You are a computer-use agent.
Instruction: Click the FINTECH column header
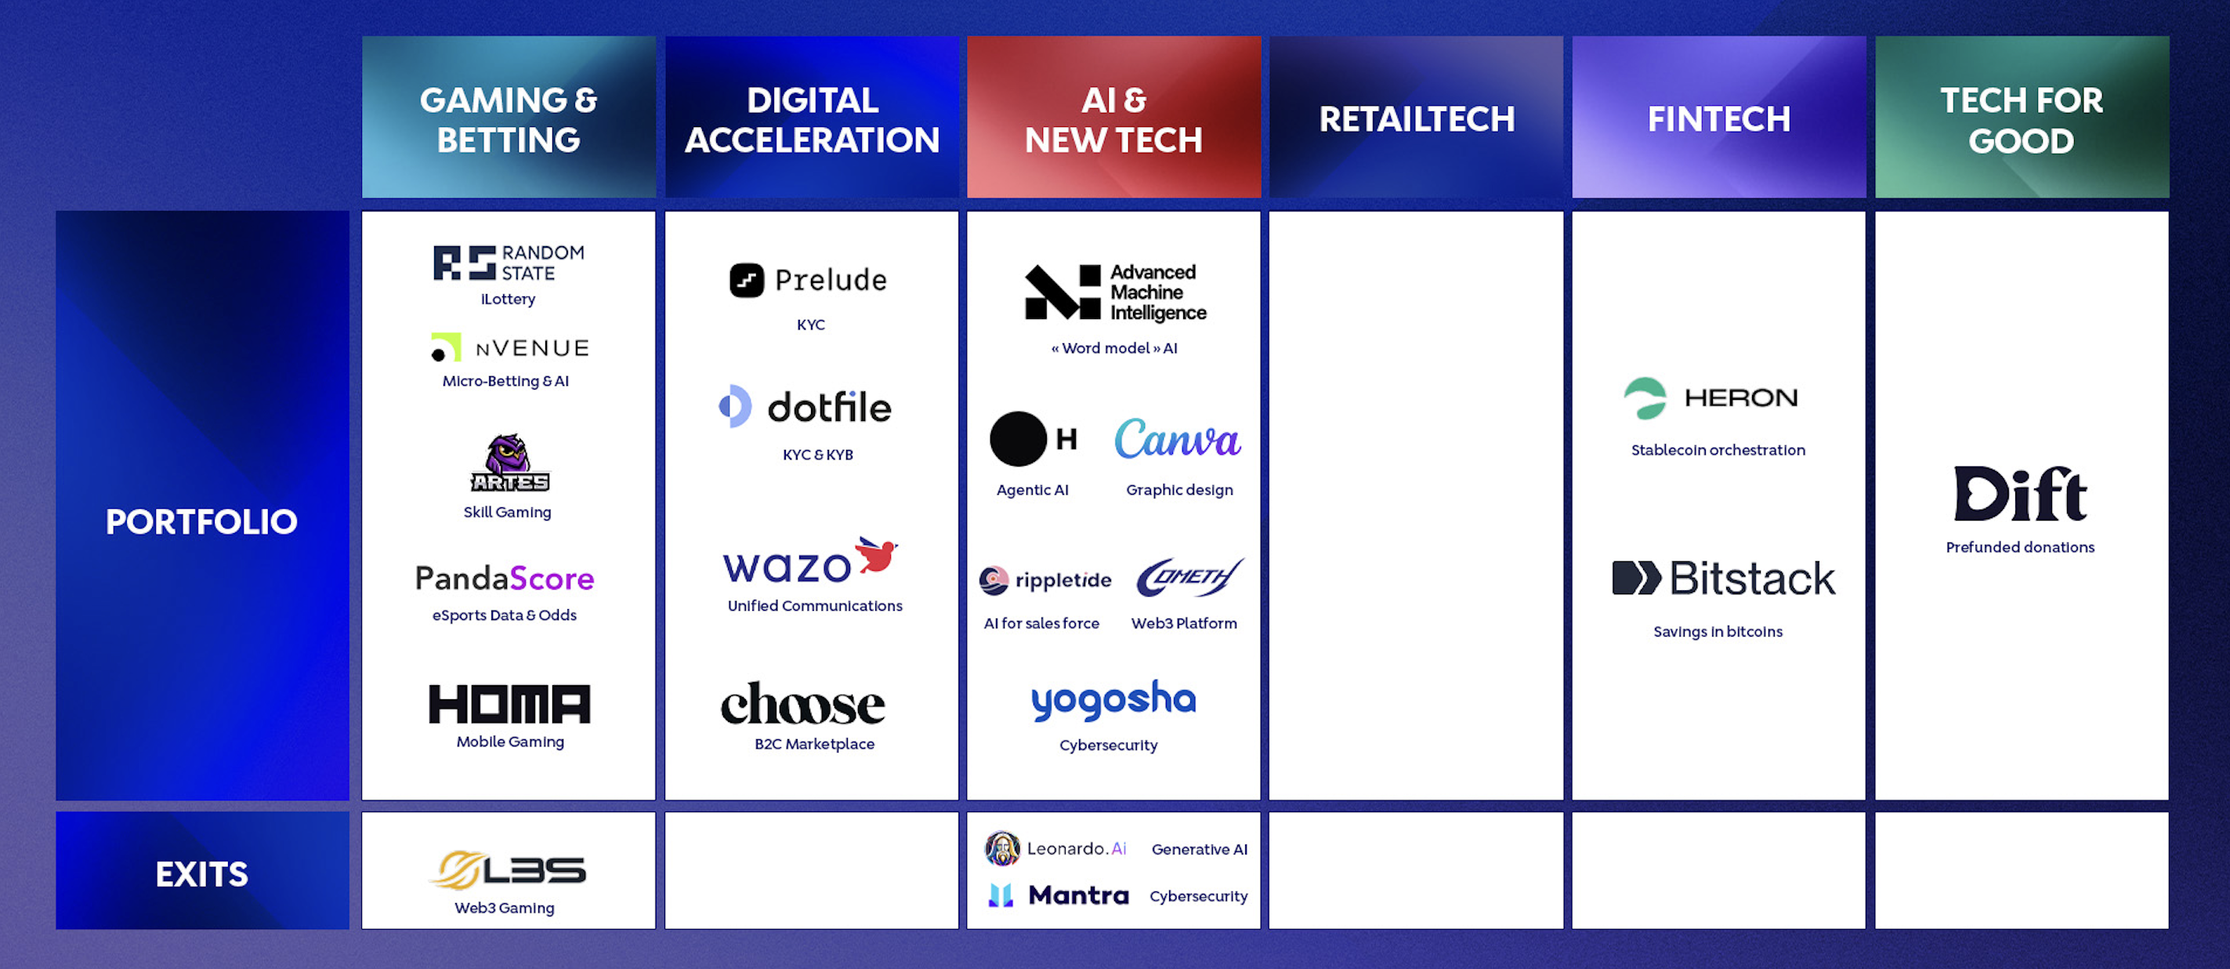pos(1718,117)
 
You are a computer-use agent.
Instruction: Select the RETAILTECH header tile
pos(1416,117)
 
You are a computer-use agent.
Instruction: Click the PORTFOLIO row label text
pos(201,521)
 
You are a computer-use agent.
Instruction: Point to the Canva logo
pos(1178,439)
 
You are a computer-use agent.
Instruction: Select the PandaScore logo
pos(505,579)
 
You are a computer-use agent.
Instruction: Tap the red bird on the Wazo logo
pos(876,554)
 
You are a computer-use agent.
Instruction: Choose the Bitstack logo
pos(1723,578)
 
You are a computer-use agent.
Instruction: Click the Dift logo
pos(2021,494)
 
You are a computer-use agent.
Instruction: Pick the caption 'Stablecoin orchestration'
pos(1718,449)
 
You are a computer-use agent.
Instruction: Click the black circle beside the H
pos(1018,439)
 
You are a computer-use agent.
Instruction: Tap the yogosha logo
pos(1113,701)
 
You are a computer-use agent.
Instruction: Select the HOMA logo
pos(509,704)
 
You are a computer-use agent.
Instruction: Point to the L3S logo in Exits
pos(509,869)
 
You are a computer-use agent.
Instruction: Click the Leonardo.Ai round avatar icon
pos(1002,848)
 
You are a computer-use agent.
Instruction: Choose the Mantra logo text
pos(1079,895)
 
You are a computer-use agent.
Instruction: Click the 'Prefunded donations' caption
pos(2021,547)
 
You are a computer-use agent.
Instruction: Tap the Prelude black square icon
pos(746,280)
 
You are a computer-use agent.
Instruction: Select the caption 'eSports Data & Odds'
pos(505,615)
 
